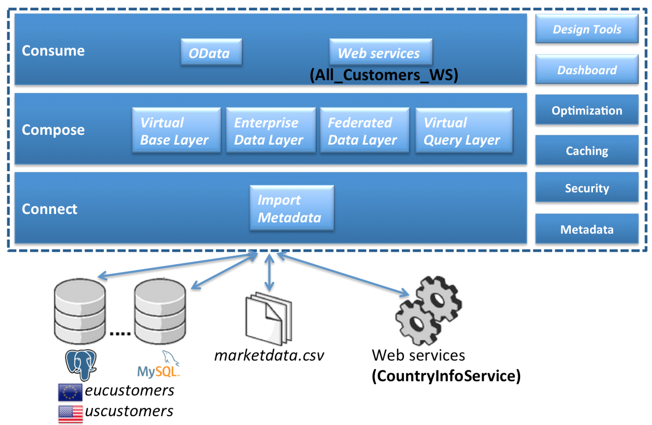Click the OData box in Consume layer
coord(211,52)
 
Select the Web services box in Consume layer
coord(381,52)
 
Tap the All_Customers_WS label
coord(384,75)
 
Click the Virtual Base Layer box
coord(176,130)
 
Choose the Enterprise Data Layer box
coord(270,130)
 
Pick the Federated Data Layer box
coord(364,130)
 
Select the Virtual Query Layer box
coord(464,130)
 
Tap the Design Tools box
coord(587,29)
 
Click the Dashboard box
coord(587,70)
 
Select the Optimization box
coord(587,110)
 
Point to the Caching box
coord(587,150)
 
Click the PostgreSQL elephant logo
coord(81,364)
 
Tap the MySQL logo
coord(159,365)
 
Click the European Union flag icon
coord(70,392)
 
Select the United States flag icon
coord(70,413)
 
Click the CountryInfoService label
coord(446,376)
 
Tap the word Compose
coord(53,130)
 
